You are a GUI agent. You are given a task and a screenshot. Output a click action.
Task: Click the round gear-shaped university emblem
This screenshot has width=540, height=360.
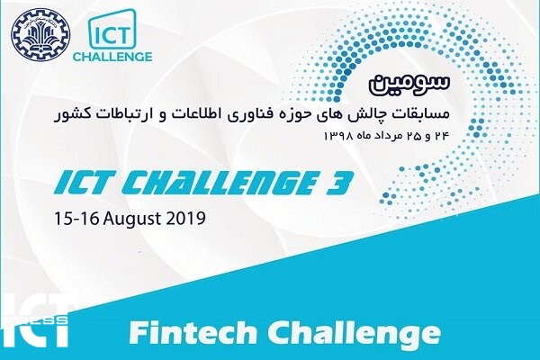click(x=40, y=35)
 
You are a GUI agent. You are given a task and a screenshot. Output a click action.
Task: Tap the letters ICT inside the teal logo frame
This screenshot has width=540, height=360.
click(x=112, y=36)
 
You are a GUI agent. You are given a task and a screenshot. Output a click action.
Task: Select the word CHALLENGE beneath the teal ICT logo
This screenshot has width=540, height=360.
click(x=112, y=57)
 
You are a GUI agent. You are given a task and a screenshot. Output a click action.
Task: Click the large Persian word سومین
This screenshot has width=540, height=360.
click(x=409, y=84)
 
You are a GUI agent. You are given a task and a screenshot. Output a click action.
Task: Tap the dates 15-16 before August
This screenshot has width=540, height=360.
click(x=76, y=218)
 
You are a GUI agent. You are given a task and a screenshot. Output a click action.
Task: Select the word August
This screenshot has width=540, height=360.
click(x=132, y=220)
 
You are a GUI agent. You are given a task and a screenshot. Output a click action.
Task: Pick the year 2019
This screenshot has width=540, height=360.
click(x=186, y=218)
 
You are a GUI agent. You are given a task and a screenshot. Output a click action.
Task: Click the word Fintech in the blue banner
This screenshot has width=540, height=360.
click(x=193, y=333)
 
